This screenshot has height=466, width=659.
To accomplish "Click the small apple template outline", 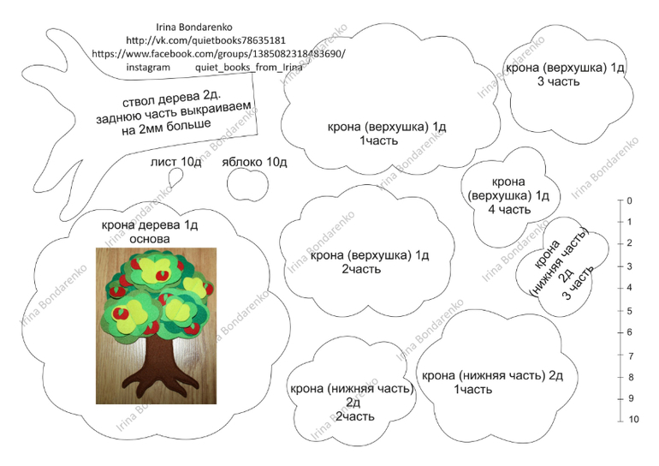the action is [x=248, y=185].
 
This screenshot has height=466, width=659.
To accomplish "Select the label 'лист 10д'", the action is [x=176, y=162].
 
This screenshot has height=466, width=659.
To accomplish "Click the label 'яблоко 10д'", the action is [x=254, y=163].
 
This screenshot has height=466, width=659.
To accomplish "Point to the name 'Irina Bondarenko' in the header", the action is [x=194, y=27].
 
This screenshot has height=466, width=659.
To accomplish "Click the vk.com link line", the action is [x=206, y=40].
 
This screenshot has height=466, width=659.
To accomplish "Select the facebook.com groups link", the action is [x=218, y=54].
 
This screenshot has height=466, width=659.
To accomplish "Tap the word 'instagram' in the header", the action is [x=148, y=68].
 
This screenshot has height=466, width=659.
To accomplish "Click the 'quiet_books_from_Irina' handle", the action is [x=249, y=68].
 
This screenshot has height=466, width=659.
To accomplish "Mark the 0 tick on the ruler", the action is [x=620, y=200].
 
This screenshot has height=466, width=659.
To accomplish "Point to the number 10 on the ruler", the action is [x=633, y=420].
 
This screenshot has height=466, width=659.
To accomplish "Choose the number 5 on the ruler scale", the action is [x=630, y=311].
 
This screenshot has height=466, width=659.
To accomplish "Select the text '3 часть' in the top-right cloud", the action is [x=559, y=81].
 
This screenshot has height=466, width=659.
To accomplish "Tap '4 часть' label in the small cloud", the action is [x=509, y=210].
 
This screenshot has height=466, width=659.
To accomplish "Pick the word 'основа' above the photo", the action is [x=150, y=239].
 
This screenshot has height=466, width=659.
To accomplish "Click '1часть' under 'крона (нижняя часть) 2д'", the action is [x=472, y=390].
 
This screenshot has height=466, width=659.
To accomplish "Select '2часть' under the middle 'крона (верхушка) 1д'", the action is [x=361, y=269].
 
